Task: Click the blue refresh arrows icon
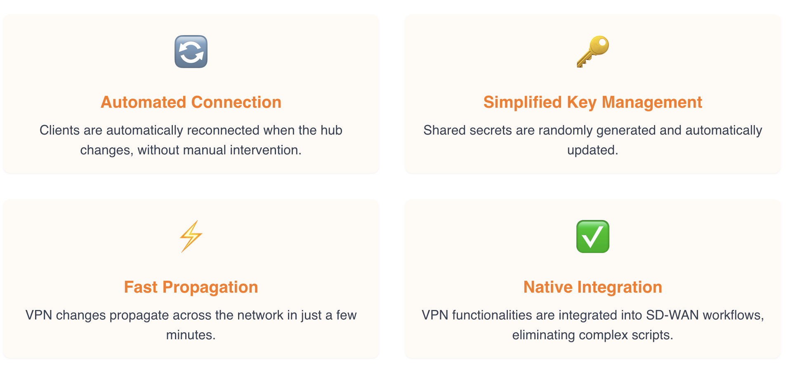[x=191, y=52]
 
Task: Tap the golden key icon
[x=593, y=52]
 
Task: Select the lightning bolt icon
[x=191, y=236]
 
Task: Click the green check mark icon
[x=593, y=237]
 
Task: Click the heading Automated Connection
[x=191, y=102]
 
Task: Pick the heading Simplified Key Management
[x=593, y=102]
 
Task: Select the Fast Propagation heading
[x=191, y=287]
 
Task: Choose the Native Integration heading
[x=593, y=287]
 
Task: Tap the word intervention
[x=266, y=150]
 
